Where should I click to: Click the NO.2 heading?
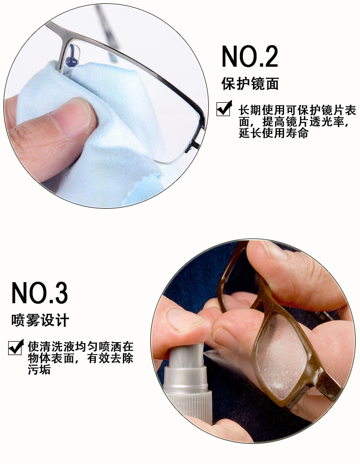click(x=250, y=56)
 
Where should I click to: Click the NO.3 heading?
click(x=40, y=293)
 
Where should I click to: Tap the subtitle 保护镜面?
click(x=250, y=84)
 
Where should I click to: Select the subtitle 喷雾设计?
click(x=40, y=320)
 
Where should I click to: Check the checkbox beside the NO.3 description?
click(x=16, y=347)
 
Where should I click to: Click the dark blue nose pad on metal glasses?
click(x=72, y=57)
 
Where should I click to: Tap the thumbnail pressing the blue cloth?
click(x=71, y=119)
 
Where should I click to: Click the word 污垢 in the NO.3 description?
click(x=39, y=369)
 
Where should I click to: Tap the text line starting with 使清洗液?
click(x=81, y=346)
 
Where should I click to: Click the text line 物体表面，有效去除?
click(x=81, y=358)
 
